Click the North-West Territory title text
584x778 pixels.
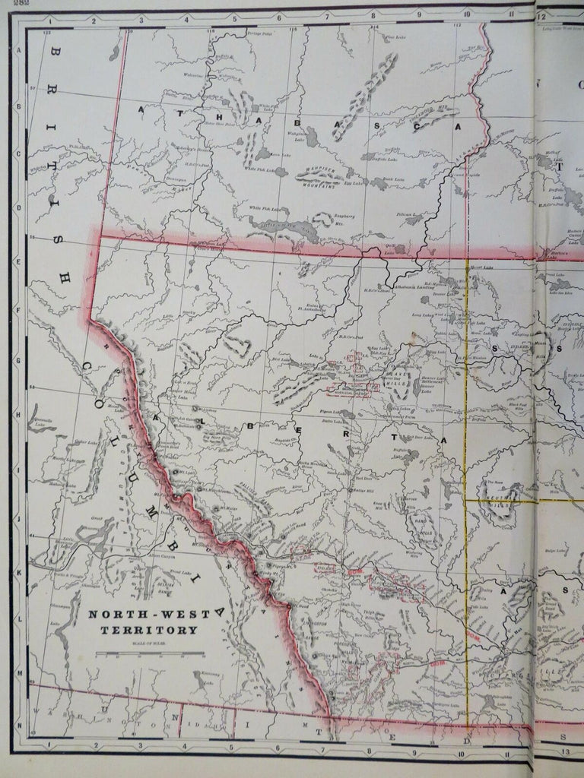pos(141,622)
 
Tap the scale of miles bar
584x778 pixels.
pos(149,653)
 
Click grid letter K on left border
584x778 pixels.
pos(17,566)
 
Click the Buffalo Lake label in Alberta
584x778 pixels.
pos(400,450)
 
